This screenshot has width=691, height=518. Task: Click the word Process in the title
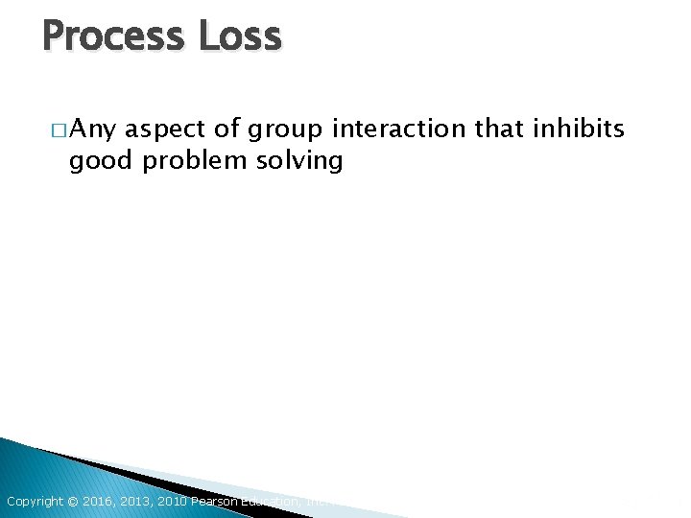click(114, 36)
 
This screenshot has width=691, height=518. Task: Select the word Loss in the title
click(240, 36)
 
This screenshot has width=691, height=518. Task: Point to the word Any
click(93, 129)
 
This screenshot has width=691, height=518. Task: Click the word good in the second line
click(102, 160)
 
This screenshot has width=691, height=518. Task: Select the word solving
click(299, 160)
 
